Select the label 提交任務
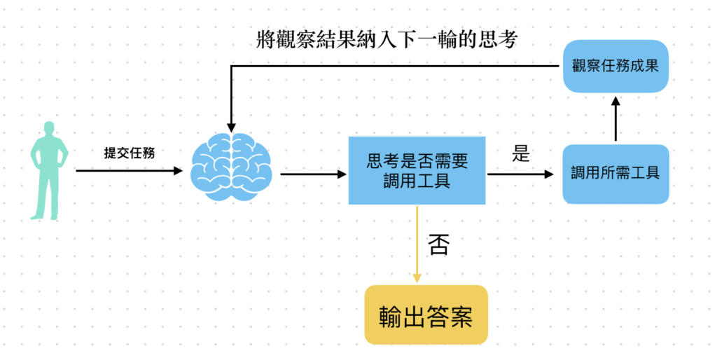click(129, 153)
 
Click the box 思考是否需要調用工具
click(417, 171)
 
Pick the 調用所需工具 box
click(615, 174)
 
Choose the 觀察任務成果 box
click(615, 66)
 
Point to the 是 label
click(520, 154)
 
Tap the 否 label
click(438, 244)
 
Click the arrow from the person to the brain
click(130, 170)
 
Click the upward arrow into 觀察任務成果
click(615, 118)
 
